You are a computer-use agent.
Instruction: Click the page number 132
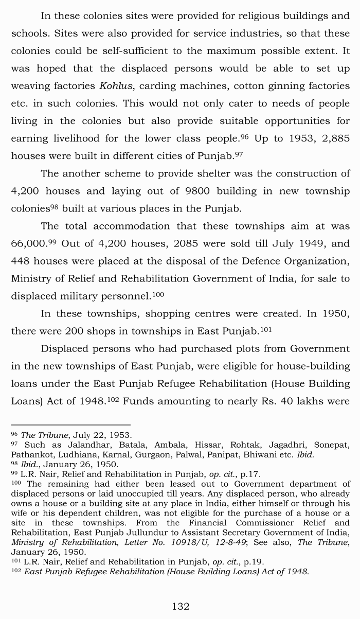(181, 607)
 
